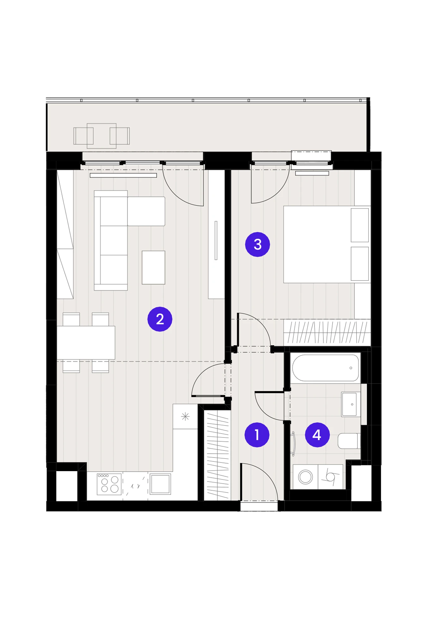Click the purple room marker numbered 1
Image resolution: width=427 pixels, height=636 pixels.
coord(257,435)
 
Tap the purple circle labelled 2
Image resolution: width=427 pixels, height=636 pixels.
coord(160,319)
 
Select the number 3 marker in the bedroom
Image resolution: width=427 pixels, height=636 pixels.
coord(257,244)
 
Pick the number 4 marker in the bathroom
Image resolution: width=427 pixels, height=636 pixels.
coord(317,435)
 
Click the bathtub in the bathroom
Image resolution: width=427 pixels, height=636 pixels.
coord(325,368)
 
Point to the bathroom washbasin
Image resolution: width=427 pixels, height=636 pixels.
coord(351,404)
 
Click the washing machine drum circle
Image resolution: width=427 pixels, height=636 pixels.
coord(305,477)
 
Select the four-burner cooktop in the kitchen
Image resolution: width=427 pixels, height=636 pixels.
coord(109,484)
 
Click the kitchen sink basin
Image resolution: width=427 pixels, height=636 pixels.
coord(160,484)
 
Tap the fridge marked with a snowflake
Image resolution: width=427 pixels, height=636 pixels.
coord(185,416)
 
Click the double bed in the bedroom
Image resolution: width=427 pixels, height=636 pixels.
coord(327,244)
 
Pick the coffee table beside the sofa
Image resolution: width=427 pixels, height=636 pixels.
coord(153,267)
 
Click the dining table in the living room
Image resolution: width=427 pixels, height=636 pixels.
coord(86,343)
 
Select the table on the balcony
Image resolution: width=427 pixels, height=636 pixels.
coord(102,136)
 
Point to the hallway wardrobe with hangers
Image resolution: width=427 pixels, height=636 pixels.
coord(217,455)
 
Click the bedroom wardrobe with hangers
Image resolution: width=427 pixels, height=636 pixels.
coord(327,332)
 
